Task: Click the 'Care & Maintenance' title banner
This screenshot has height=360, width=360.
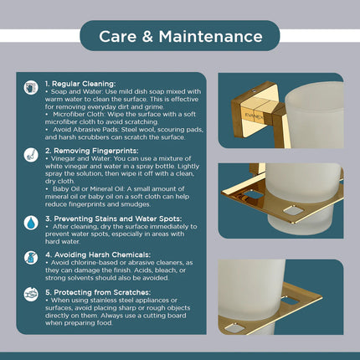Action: pyautogui.click(x=180, y=36)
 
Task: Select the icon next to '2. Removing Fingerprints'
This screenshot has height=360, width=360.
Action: pyautogui.click(x=30, y=154)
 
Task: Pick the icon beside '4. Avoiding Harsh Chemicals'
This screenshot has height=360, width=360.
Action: pyautogui.click(x=30, y=258)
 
